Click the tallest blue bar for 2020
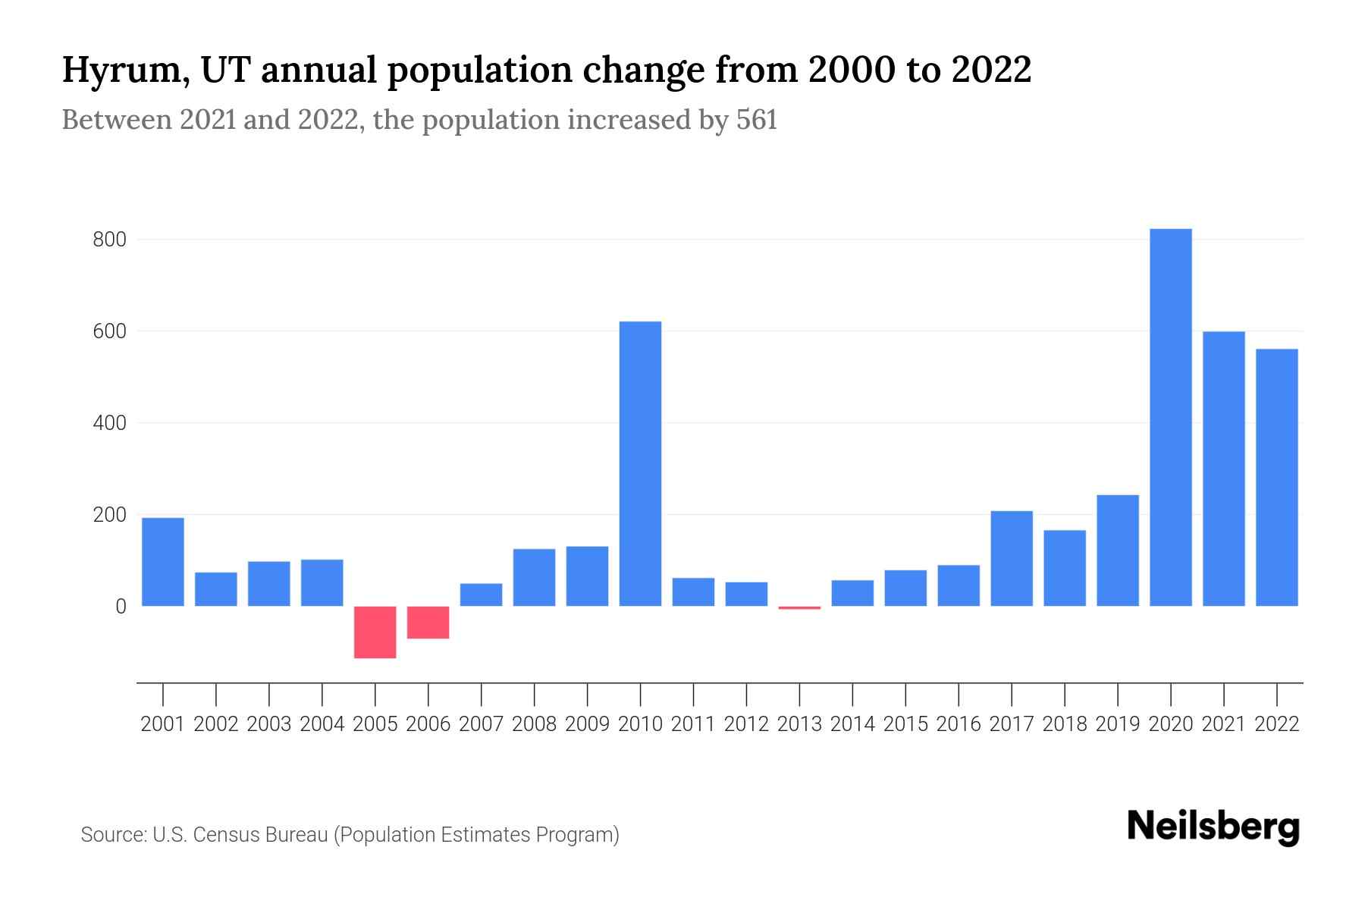[1170, 417]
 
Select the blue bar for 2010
[640, 463]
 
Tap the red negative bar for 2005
[375, 632]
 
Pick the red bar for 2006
[428, 622]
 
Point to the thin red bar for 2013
[799, 607]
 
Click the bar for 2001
[163, 561]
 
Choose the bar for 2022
[1276, 477]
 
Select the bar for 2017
[1012, 558]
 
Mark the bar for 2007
[481, 595]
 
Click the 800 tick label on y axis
[109, 240]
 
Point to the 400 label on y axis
[109, 423]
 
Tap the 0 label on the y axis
[121, 607]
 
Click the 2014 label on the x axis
[852, 724]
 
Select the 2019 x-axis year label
[1117, 724]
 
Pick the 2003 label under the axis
[269, 724]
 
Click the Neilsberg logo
[1213, 827]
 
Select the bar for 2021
[1223, 469]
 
